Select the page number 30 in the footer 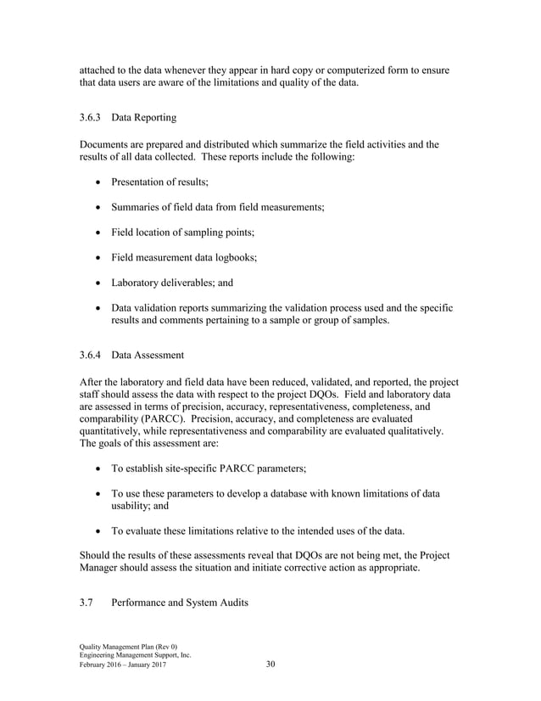[x=270, y=665]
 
